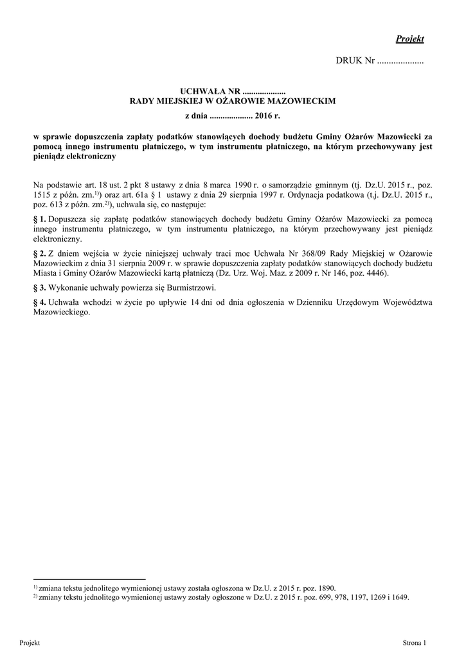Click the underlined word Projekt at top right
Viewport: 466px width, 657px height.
(410, 39)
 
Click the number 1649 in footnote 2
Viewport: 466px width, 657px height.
(398, 596)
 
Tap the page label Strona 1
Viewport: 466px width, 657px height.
(414, 642)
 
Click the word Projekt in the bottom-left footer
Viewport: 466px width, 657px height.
(30, 642)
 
